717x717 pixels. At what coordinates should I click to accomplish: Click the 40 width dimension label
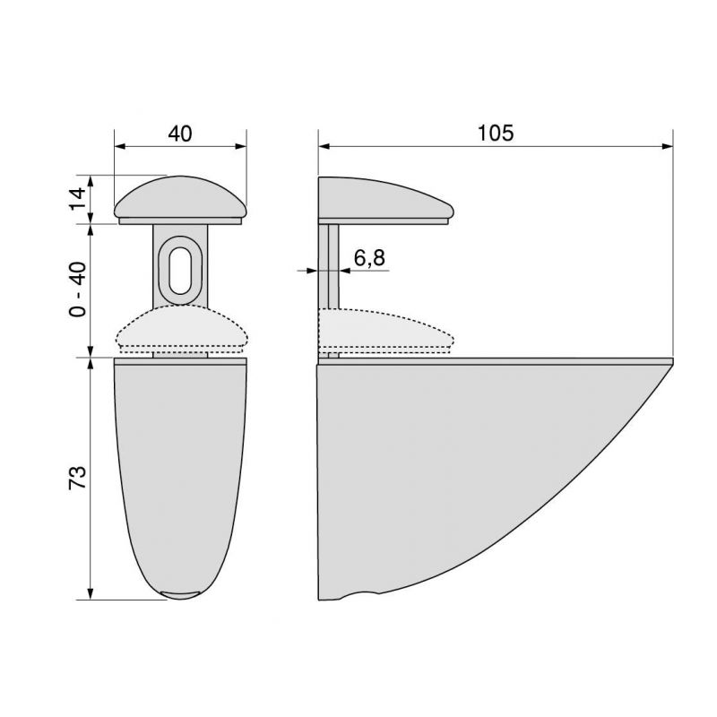click(180, 134)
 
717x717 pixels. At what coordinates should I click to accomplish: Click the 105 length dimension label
click(495, 134)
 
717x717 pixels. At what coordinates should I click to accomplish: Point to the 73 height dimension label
click(78, 477)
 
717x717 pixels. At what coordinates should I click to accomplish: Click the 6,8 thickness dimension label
click(368, 258)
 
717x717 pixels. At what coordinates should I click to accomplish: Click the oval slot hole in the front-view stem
click(180, 265)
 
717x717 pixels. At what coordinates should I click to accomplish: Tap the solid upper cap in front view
click(180, 199)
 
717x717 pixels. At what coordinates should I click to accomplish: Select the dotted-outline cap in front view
click(180, 330)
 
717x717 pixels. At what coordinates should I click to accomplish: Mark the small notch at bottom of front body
click(180, 593)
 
